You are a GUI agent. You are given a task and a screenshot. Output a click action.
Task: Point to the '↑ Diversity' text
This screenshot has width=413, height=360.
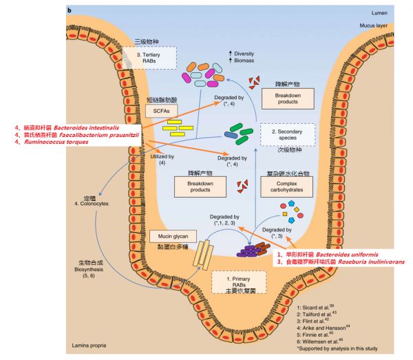pos(241,53)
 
